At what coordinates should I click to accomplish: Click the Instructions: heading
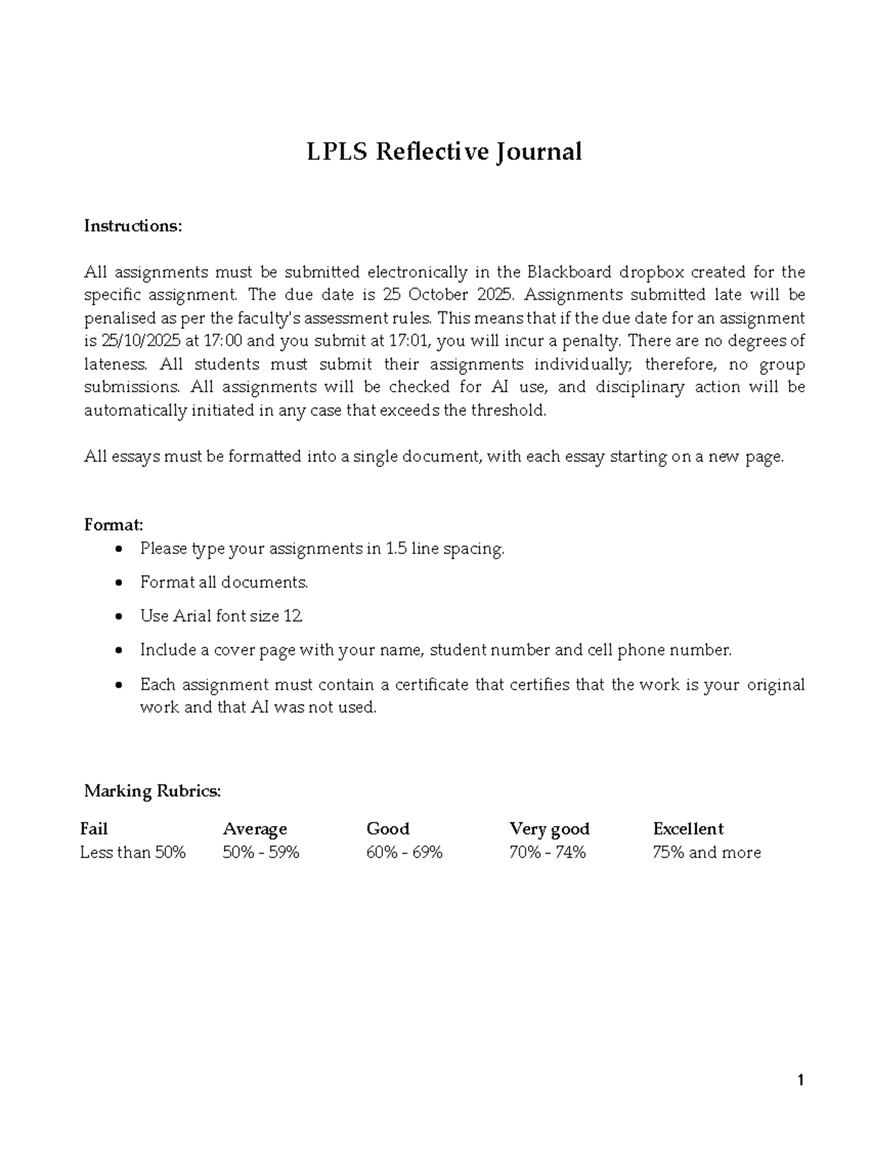tap(133, 226)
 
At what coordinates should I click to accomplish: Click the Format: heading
tap(114, 524)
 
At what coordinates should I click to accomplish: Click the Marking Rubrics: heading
tap(152, 791)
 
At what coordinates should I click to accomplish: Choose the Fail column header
tap(94, 828)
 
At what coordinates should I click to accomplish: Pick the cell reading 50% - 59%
tap(261, 852)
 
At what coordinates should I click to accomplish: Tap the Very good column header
tap(550, 828)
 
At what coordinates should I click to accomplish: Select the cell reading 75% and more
tap(707, 852)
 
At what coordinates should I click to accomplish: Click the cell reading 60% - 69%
tap(405, 852)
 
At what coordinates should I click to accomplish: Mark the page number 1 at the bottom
tap(800, 1081)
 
